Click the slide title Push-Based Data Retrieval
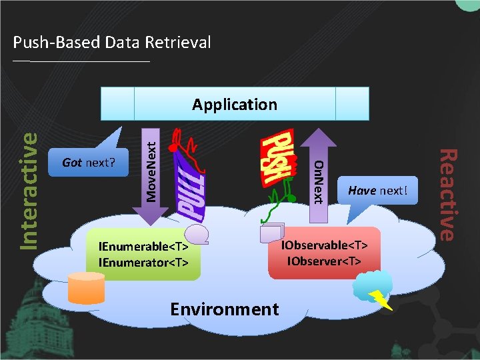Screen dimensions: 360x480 coord(112,43)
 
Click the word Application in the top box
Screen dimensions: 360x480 coord(235,105)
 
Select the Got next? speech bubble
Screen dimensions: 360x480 coord(88,163)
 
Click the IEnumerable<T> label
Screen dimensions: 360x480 coord(143,247)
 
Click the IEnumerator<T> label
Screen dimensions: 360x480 coord(143,262)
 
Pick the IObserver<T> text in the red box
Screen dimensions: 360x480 coord(325,260)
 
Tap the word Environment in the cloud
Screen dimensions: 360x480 coord(224,309)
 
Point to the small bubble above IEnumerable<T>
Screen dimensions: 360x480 coord(198,233)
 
